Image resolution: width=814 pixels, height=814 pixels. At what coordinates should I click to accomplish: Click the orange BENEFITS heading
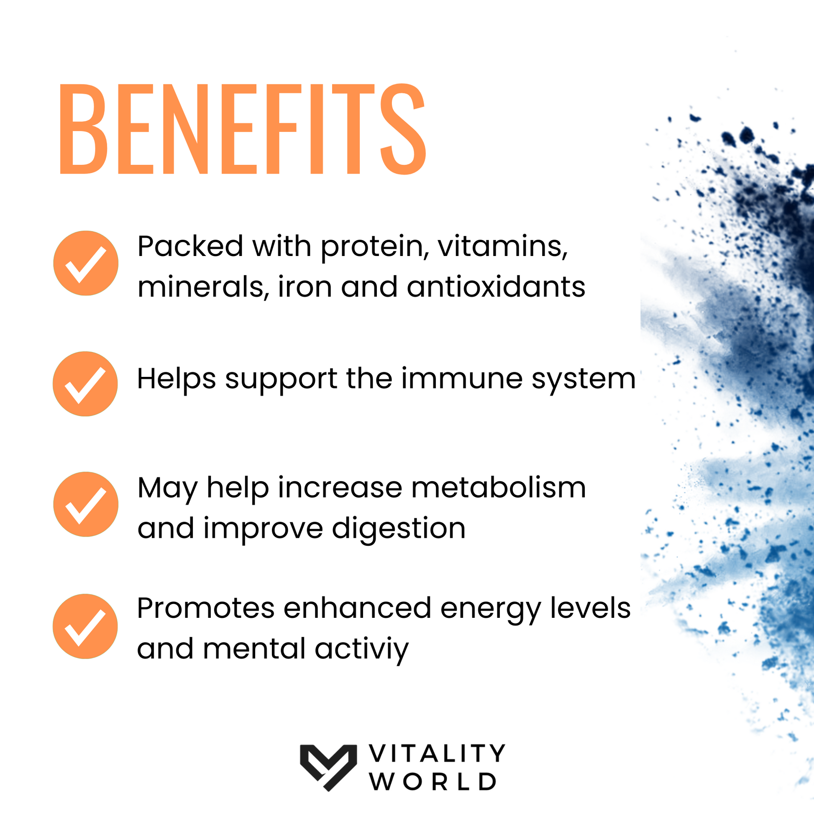point(243,129)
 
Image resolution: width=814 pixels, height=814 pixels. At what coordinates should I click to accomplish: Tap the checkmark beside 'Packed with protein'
point(85,264)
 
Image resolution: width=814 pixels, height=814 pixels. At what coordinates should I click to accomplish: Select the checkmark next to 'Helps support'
point(85,384)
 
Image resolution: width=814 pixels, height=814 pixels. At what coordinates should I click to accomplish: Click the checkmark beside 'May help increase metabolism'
point(85,504)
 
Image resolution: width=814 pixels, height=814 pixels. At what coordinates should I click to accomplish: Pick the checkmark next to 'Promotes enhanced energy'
point(85,627)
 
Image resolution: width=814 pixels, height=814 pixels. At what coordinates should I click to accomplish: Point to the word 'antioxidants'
point(497,287)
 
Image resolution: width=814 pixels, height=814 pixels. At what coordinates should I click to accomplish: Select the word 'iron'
point(305,287)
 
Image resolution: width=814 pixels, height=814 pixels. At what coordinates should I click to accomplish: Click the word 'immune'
point(462,379)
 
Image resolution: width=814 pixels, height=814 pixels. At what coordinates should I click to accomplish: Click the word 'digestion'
point(399,529)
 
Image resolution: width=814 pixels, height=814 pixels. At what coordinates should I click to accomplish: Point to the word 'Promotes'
point(206,608)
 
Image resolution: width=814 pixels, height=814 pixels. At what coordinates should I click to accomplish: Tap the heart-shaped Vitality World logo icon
point(328,767)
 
